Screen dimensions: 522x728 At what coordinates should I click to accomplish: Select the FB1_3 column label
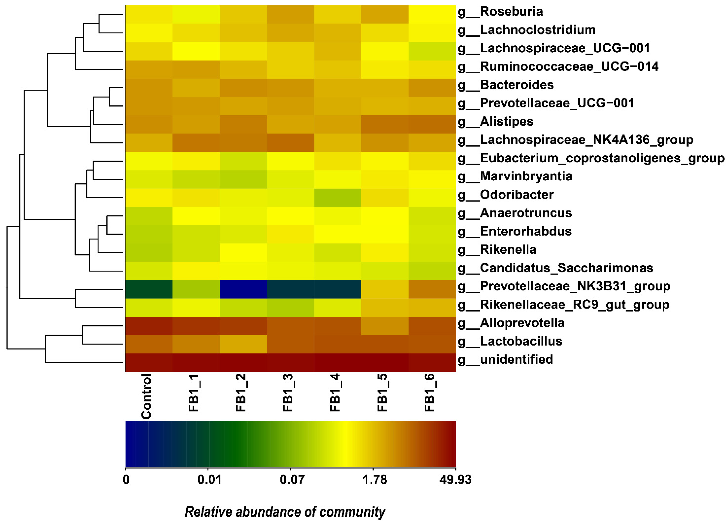coord(288,393)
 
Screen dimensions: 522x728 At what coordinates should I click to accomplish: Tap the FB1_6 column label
coord(429,393)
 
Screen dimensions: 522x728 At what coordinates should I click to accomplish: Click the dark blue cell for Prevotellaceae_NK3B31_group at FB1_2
coord(243,289)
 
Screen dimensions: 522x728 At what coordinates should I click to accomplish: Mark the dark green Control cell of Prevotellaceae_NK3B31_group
coord(149,289)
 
